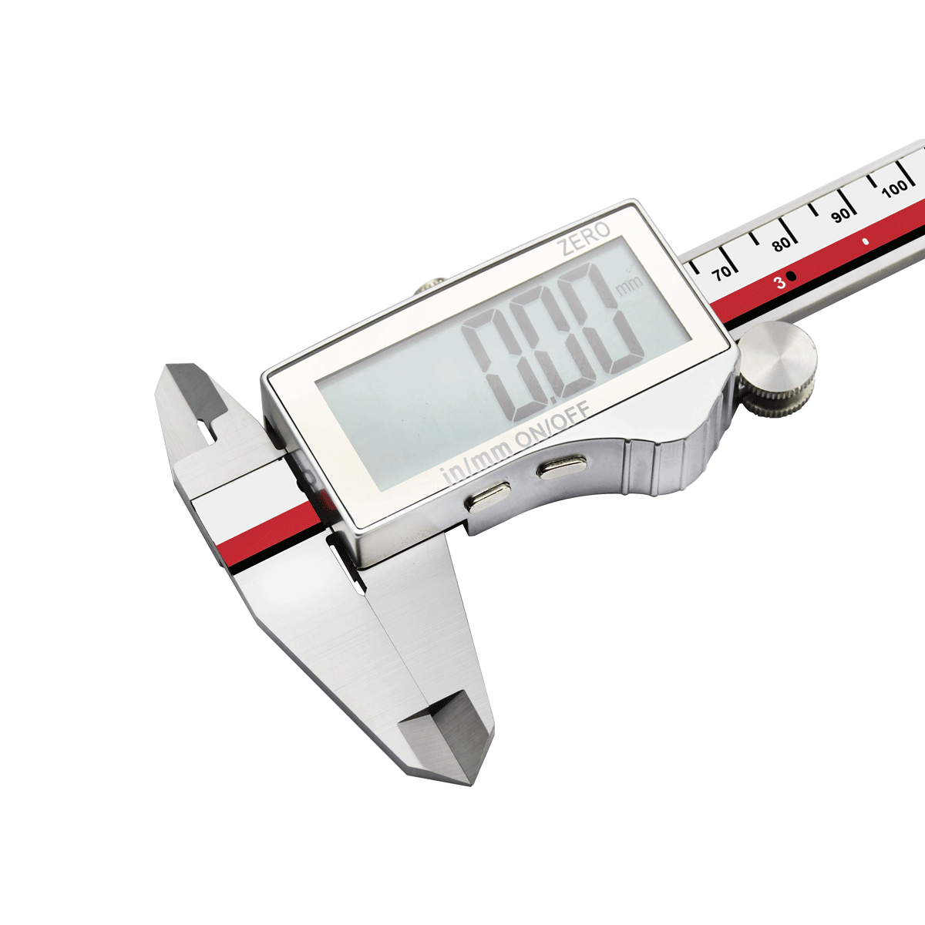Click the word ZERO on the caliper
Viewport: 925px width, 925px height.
(584, 239)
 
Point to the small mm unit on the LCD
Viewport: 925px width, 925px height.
(631, 284)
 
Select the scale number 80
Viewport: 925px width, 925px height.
(781, 244)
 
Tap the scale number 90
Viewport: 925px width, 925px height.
(840, 215)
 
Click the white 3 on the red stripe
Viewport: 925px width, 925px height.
(781, 283)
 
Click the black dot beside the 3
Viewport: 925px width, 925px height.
(792, 276)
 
